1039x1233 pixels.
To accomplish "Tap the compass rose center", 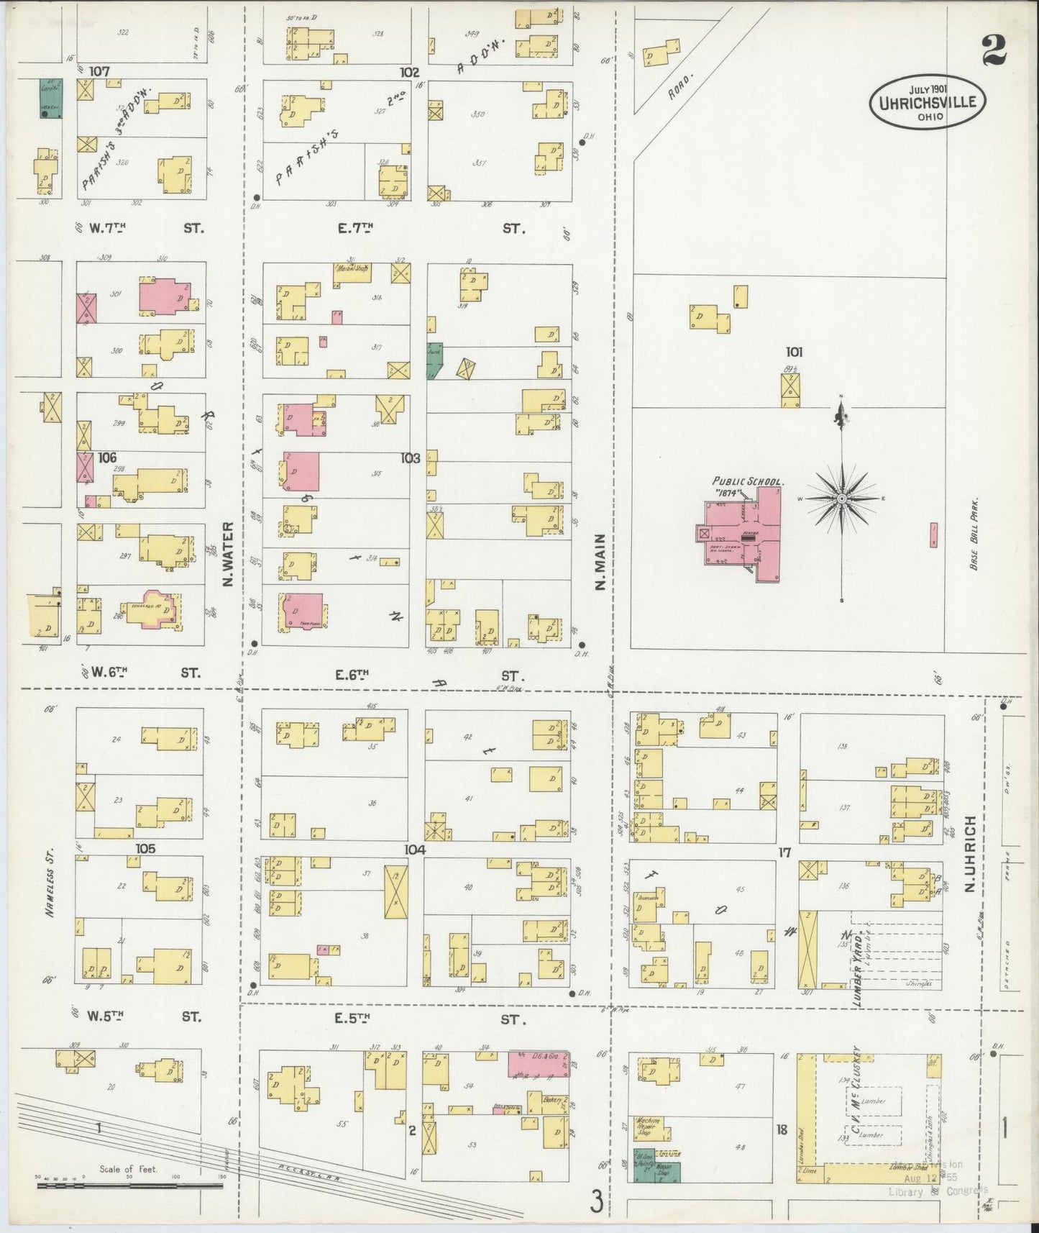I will (841, 499).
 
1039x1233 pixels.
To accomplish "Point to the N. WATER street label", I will (229, 544).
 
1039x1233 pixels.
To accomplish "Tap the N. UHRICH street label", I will (969, 854).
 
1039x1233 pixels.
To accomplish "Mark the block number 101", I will (794, 352).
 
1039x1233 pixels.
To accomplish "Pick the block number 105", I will (145, 849).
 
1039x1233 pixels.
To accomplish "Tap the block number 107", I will (99, 72).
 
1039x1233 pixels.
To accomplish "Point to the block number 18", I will (782, 1130).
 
